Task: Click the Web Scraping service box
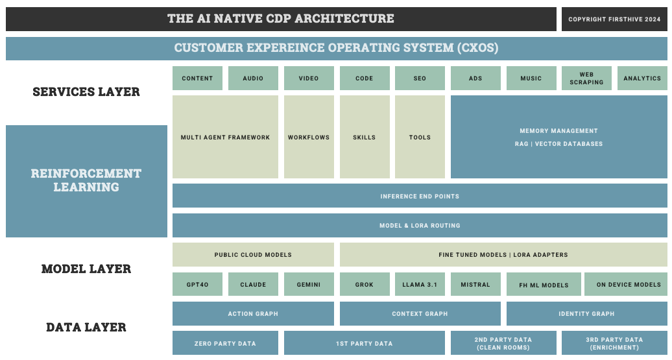[x=586, y=78]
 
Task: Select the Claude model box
[x=253, y=284]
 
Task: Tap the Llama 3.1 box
[x=420, y=284]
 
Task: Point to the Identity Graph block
[x=587, y=313]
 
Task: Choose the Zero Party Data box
[x=225, y=343]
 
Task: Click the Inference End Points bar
[x=420, y=196]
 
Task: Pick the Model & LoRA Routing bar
[x=420, y=225]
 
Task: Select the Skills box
[x=365, y=137]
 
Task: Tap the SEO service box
[x=420, y=78]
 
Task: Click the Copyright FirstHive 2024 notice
[x=614, y=19]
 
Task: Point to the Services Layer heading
[x=86, y=91]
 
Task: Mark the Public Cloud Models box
[x=253, y=254]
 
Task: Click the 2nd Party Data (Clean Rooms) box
[x=503, y=343]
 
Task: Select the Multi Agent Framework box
[x=225, y=137]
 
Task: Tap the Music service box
[x=531, y=78]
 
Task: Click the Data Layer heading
[x=86, y=327]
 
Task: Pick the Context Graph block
[x=420, y=313]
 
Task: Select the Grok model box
[x=365, y=284]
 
